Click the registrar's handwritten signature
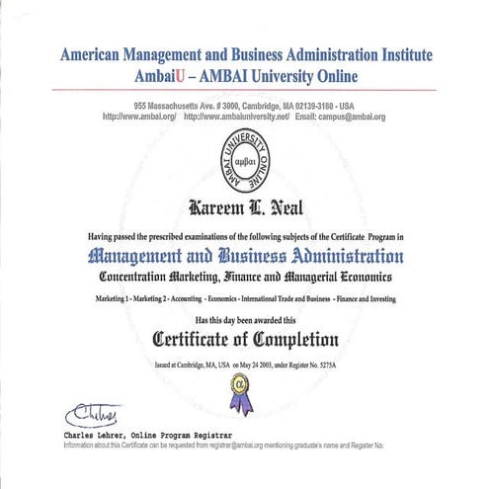pos(92,411)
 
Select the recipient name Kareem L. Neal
pos(245,209)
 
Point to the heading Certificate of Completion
pos(245,340)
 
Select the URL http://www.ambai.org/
pos(138,117)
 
